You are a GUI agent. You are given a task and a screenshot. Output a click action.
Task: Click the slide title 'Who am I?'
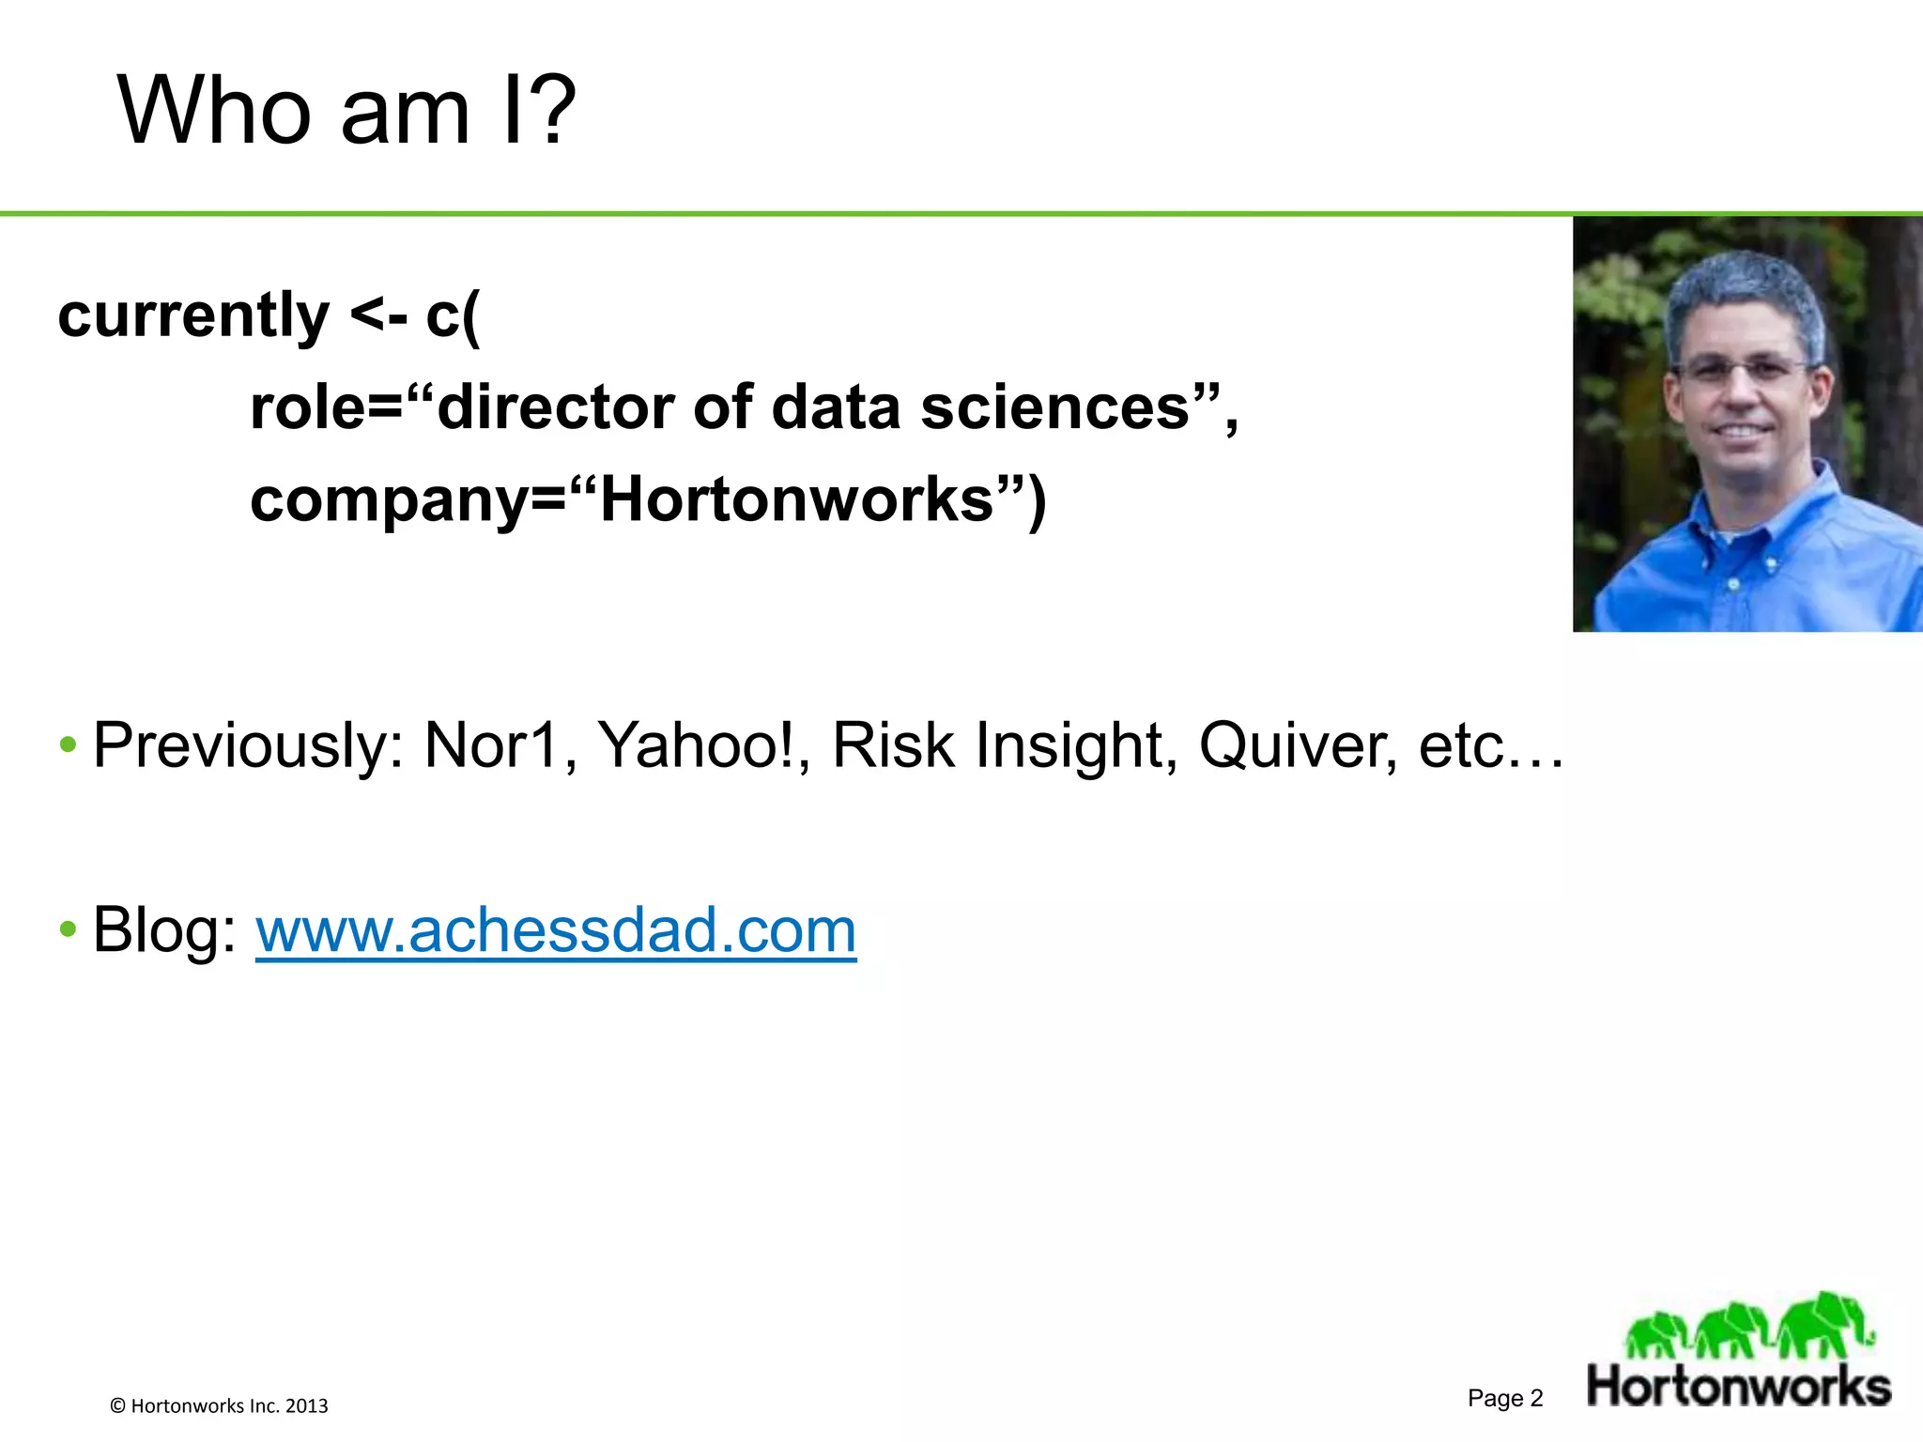[x=346, y=111]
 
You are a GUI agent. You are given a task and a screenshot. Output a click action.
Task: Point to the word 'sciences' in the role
[x=1055, y=407]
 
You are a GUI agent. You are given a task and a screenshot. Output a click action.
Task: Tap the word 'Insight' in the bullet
[x=1069, y=745]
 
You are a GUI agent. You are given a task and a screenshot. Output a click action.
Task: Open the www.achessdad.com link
[x=556, y=930]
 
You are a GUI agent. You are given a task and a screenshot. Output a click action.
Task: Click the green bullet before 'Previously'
[x=68, y=746]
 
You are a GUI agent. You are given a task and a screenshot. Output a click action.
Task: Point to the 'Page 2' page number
[x=1505, y=1398]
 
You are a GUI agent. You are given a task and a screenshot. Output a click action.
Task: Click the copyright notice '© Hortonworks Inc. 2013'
[x=219, y=1405]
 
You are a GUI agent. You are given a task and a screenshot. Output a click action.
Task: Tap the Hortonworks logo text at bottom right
[x=1739, y=1387]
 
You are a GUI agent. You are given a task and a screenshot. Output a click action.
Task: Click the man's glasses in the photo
[x=1743, y=369]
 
